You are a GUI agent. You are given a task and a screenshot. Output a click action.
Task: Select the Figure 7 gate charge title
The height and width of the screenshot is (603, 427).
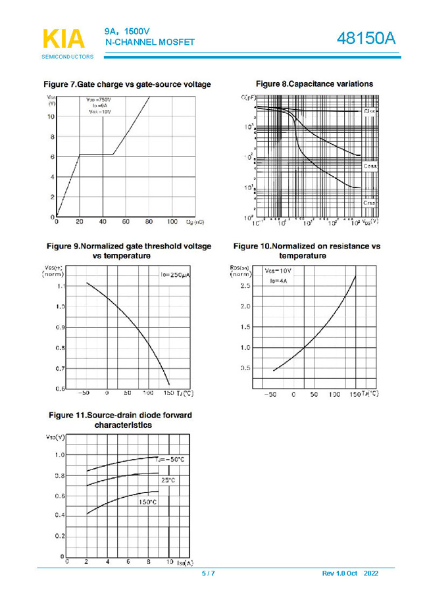pos(127,85)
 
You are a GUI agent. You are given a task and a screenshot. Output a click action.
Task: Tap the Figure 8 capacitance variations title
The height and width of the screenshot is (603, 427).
pos(314,84)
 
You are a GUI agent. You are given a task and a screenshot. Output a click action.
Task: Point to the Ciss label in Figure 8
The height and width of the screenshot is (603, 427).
pos(370,111)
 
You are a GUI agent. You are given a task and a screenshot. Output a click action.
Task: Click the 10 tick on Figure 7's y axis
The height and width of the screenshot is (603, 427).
pos(51,117)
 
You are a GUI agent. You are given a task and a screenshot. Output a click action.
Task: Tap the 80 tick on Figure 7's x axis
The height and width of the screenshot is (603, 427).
pos(149,222)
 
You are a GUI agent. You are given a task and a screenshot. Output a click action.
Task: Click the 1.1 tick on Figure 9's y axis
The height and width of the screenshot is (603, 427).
pos(59,287)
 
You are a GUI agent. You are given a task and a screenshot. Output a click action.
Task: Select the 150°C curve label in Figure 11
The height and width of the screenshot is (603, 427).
pos(147,502)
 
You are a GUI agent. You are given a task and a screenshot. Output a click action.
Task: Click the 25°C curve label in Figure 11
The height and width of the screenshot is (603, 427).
pos(168,481)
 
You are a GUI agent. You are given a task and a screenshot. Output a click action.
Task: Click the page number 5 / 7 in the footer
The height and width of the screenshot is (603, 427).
pos(208,574)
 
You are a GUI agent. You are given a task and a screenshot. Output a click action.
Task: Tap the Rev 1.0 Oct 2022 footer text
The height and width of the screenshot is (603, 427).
pos(350,574)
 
